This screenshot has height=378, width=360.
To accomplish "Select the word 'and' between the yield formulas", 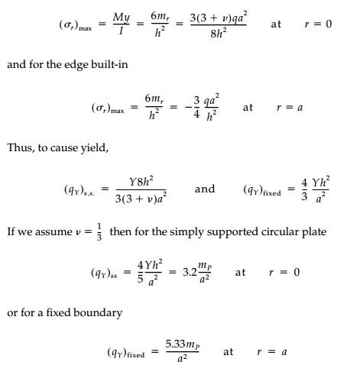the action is point(205,189).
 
